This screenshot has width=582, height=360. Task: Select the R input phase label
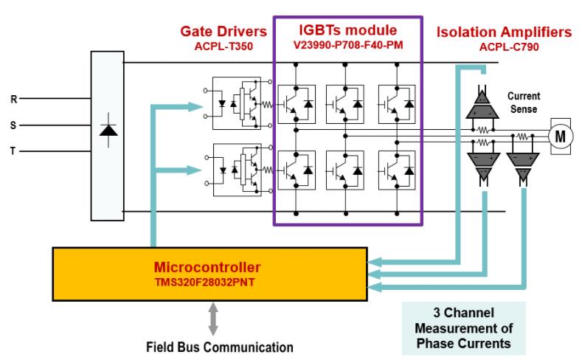point(13,97)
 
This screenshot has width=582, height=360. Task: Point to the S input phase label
point(13,125)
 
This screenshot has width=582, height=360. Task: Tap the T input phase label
point(13,151)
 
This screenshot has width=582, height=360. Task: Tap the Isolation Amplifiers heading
point(504,32)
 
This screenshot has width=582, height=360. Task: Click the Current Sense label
point(524,102)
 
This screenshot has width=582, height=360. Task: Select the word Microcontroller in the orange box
point(209,265)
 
